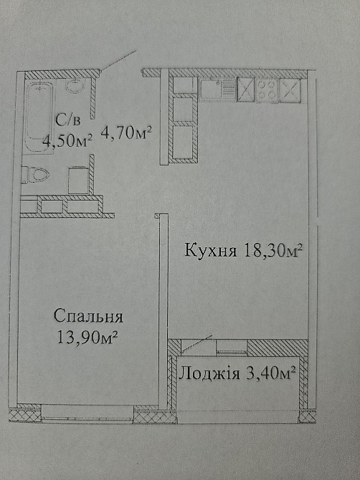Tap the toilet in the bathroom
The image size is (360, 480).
(x=37, y=174)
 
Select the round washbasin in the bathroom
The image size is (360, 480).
(x=75, y=87)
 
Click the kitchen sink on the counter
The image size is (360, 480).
(x=212, y=89)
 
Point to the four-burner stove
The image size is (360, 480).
(x=267, y=89)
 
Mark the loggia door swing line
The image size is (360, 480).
(x=196, y=342)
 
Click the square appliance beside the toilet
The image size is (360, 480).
(x=79, y=180)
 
